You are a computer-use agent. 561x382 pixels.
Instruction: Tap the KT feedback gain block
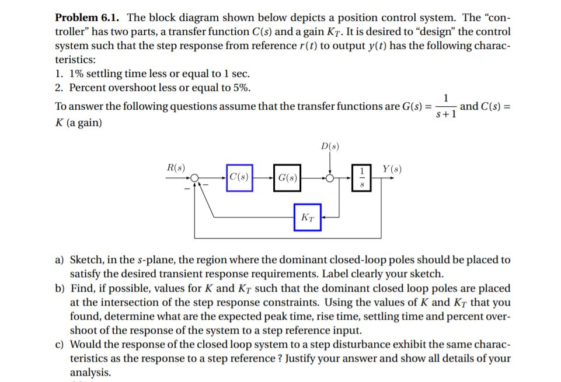pyautogui.click(x=307, y=218)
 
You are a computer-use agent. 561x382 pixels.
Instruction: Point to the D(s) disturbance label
pyautogui.click(x=330, y=146)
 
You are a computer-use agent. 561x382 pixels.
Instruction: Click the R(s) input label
pyautogui.click(x=176, y=168)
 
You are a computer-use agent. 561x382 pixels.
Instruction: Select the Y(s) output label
pyautogui.click(x=391, y=170)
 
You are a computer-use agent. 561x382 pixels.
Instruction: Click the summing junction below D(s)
pyautogui.click(x=330, y=178)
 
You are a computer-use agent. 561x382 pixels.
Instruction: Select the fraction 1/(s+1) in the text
pyautogui.click(x=446, y=106)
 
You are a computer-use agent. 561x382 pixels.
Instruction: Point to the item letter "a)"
pyautogui.click(x=60, y=260)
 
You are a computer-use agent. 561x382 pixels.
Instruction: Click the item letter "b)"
pyautogui.click(x=60, y=289)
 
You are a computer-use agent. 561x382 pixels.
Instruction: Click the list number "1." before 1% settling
pyautogui.click(x=60, y=74)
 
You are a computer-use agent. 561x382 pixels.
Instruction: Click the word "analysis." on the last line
pyautogui.click(x=90, y=373)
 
